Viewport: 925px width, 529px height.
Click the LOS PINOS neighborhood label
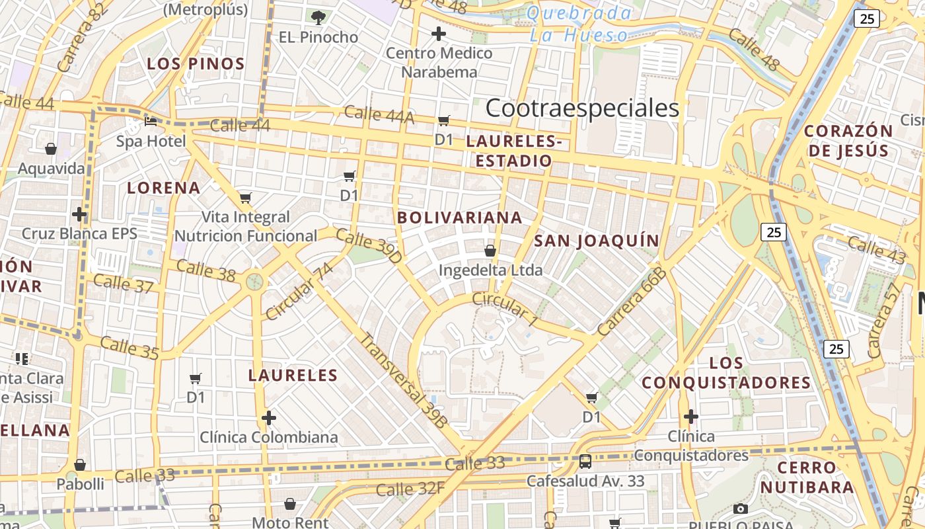[196, 64]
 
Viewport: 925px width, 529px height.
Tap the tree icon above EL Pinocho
[318, 17]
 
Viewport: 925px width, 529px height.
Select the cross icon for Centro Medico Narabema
[439, 34]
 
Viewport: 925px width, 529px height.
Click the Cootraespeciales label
[582, 108]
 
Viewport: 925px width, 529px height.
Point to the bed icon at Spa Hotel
[151, 122]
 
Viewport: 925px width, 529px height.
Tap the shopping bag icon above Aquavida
[51, 149]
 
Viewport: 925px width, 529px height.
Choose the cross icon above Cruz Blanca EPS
[79, 214]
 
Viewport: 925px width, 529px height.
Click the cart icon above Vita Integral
[246, 198]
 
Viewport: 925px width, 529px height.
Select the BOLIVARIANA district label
[459, 218]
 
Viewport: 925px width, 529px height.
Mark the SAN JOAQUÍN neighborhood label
[597, 241]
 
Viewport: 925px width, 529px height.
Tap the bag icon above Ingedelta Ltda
[490, 251]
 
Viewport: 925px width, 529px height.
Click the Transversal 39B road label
[403, 380]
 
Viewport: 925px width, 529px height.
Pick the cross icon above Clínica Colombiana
[268, 418]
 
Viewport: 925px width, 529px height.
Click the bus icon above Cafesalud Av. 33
[585, 461]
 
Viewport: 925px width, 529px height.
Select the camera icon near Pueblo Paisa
[741, 509]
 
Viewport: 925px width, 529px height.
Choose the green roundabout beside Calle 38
[254, 282]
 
